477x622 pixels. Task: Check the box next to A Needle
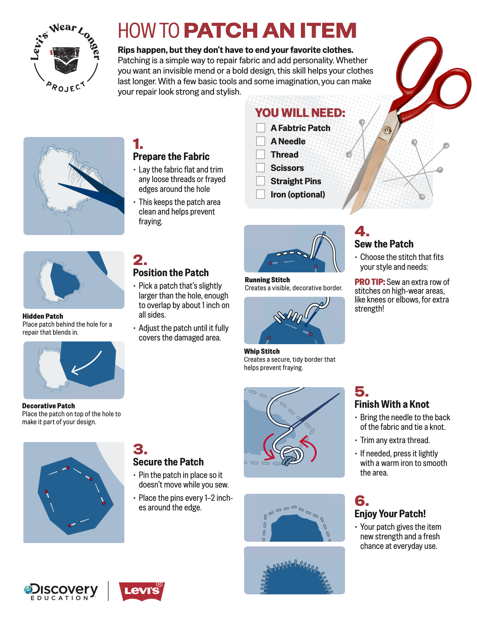click(x=260, y=141)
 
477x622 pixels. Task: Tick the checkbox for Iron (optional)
click(x=260, y=194)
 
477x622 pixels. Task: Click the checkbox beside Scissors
click(x=260, y=168)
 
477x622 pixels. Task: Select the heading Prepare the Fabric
click(x=171, y=157)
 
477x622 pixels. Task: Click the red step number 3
click(x=140, y=449)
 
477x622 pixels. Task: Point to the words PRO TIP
click(x=369, y=282)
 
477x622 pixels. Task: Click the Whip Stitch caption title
click(x=262, y=351)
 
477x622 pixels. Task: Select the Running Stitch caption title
click(x=267, y=280)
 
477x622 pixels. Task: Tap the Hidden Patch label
click(x=42, y=316)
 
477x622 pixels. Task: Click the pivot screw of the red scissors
click(x=386, y=130)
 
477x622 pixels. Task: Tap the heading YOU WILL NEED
click(x=300, y=113)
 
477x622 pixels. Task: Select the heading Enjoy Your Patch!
click(x=390, y=514)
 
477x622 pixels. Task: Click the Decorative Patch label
click(x=49, y=406)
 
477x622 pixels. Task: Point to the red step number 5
click(x=361, y=392)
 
